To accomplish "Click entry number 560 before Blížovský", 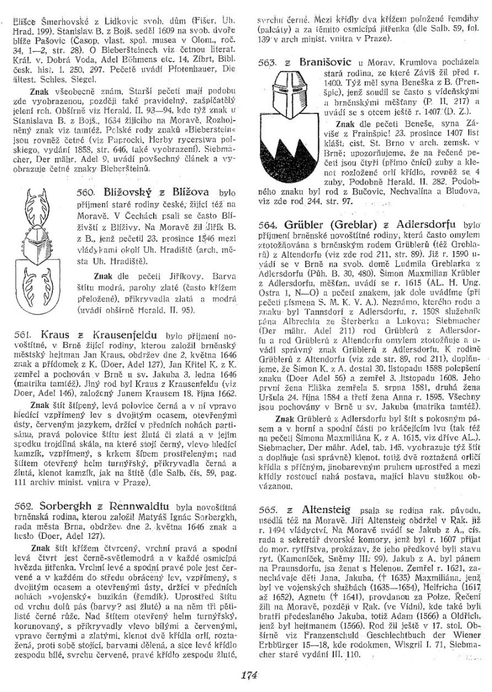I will pyautogui.click(x=89, y=191).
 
